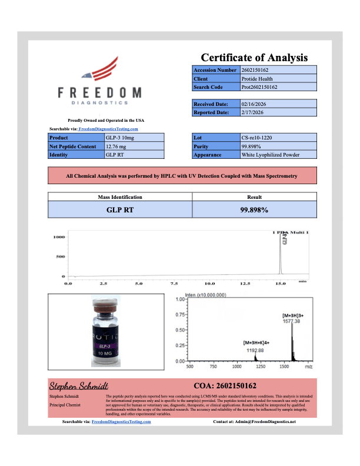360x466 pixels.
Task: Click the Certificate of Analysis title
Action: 254,58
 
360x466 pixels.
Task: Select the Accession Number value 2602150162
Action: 256,70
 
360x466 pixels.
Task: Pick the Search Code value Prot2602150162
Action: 259,87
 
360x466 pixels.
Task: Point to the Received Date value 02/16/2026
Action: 256,104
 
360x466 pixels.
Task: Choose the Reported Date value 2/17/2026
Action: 255,112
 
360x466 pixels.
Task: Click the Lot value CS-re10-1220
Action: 257,137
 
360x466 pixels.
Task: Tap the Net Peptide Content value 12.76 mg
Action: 116,146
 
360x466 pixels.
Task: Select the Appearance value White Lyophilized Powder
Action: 271,155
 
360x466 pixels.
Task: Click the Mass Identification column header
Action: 119,197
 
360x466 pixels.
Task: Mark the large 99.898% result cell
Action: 254,209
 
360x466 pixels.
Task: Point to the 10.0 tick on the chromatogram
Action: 210,284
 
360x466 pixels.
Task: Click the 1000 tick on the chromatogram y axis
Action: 59,237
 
